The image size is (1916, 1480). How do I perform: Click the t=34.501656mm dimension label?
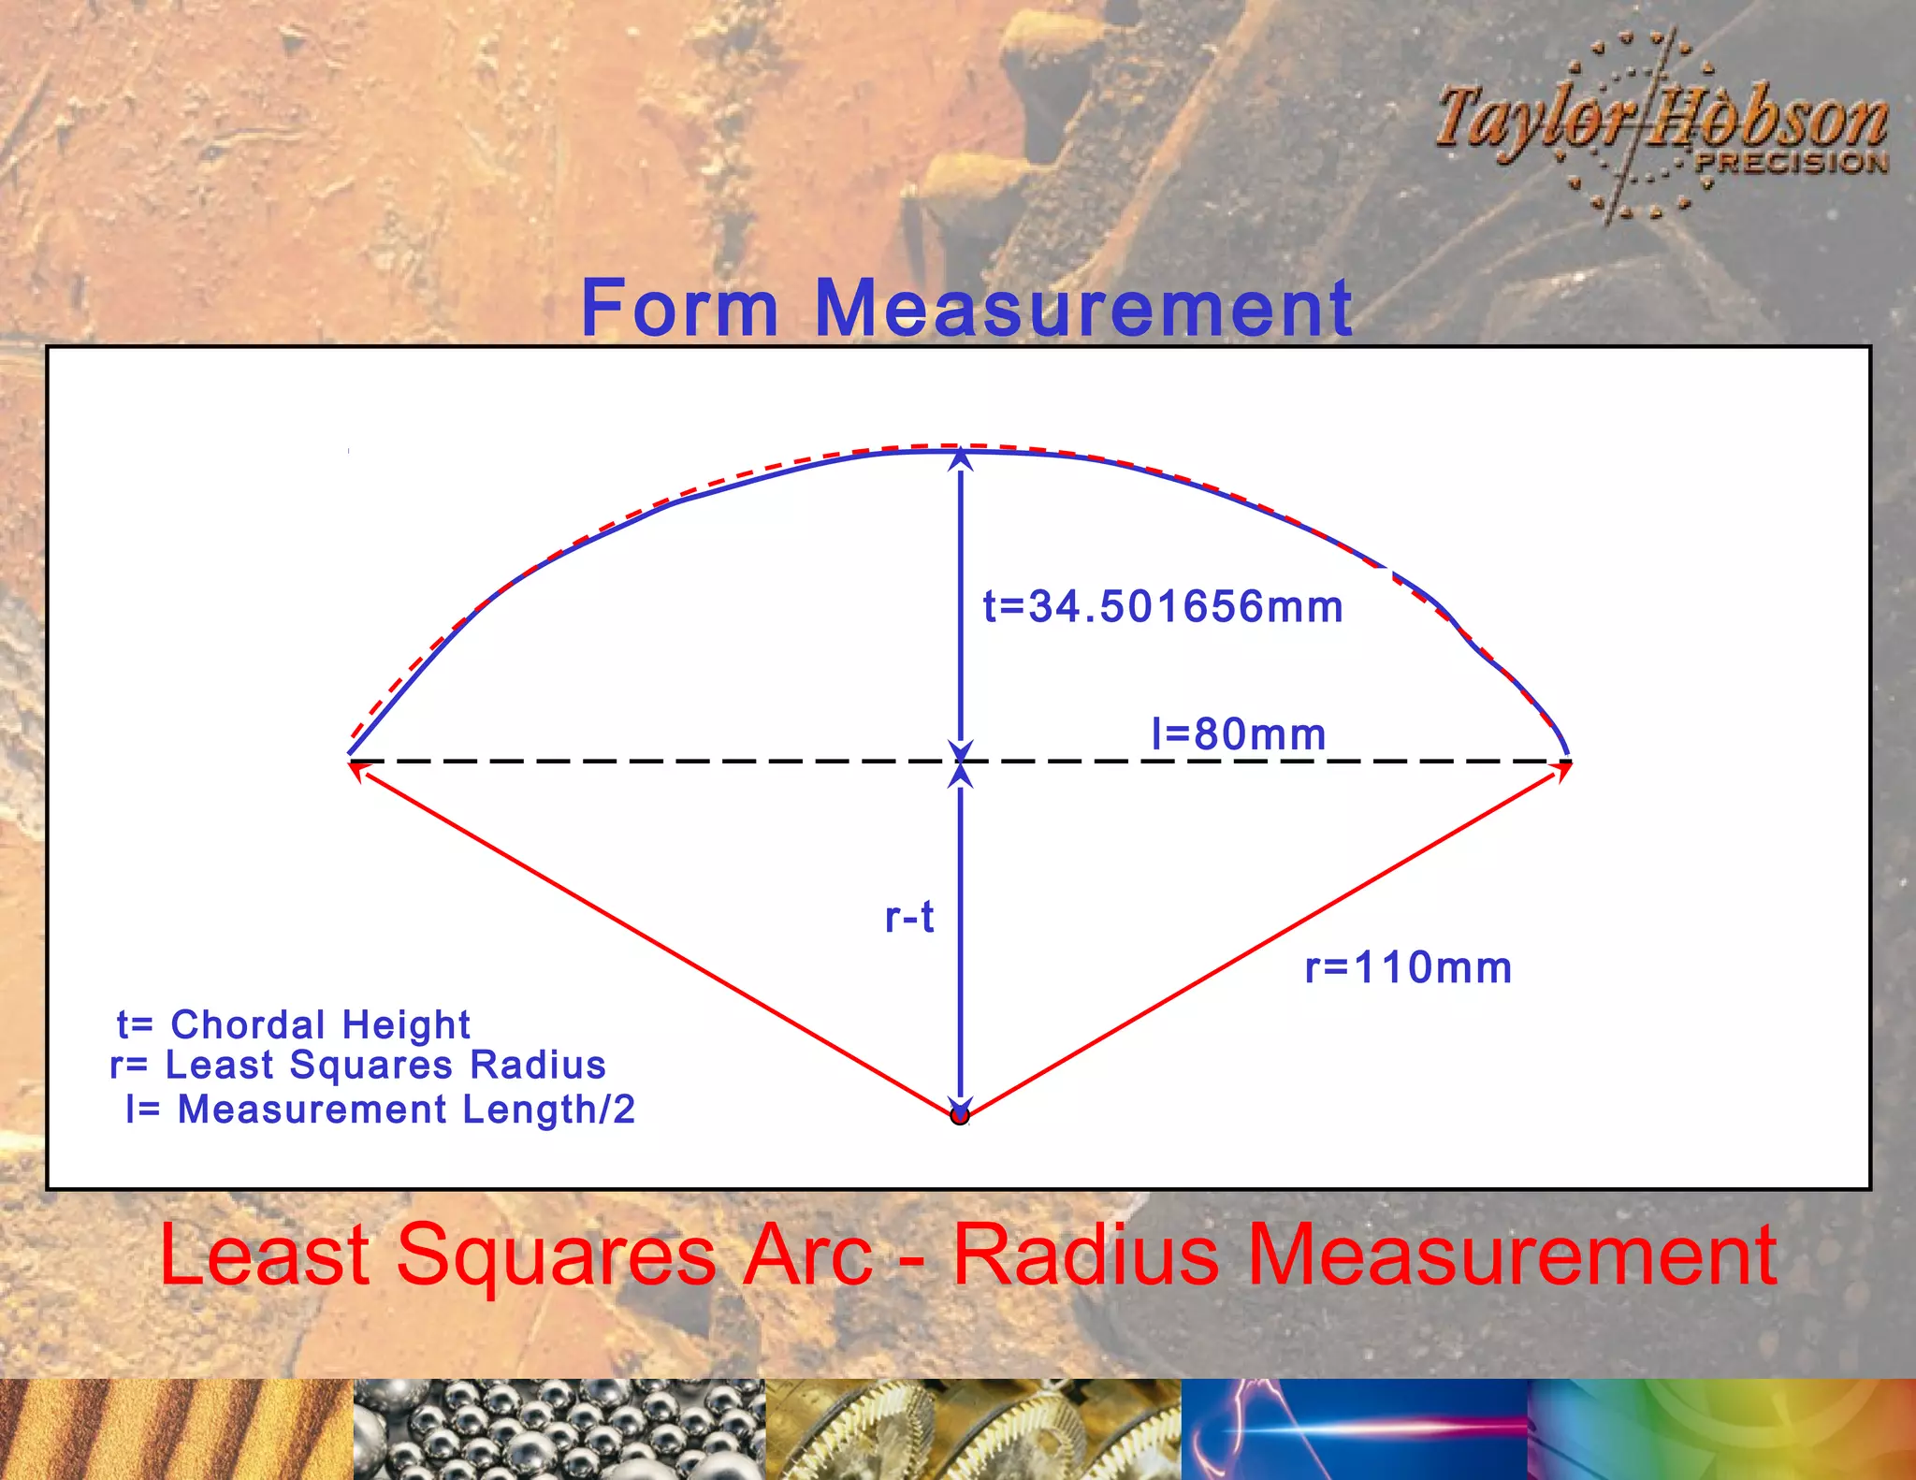click(1163, 607)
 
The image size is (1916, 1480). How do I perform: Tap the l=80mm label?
click(1239, 734)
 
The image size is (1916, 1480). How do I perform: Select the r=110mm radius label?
click(1408, 967)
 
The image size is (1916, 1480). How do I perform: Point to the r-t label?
click(909, 917)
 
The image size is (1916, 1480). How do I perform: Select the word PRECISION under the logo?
click(1792, 163)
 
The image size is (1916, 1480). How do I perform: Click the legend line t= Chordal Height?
click(294, 1024)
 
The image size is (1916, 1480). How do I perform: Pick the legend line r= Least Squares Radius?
click(358, 1066)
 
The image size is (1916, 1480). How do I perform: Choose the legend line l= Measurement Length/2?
click(381, 1110)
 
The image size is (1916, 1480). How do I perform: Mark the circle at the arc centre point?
click(960, 1115)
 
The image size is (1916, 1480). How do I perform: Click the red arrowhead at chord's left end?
click(357, 769)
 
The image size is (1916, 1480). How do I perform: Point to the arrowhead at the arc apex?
click(961, 458)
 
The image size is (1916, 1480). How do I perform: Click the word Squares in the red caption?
click(557, 1255)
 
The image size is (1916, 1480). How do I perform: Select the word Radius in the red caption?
click(1086, 1255)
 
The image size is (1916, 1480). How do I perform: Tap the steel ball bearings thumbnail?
click(559, 1429)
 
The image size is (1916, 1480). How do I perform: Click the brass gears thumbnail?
click(973, 1429)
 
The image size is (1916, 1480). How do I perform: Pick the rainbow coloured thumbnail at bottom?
click(1721, 1429)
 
